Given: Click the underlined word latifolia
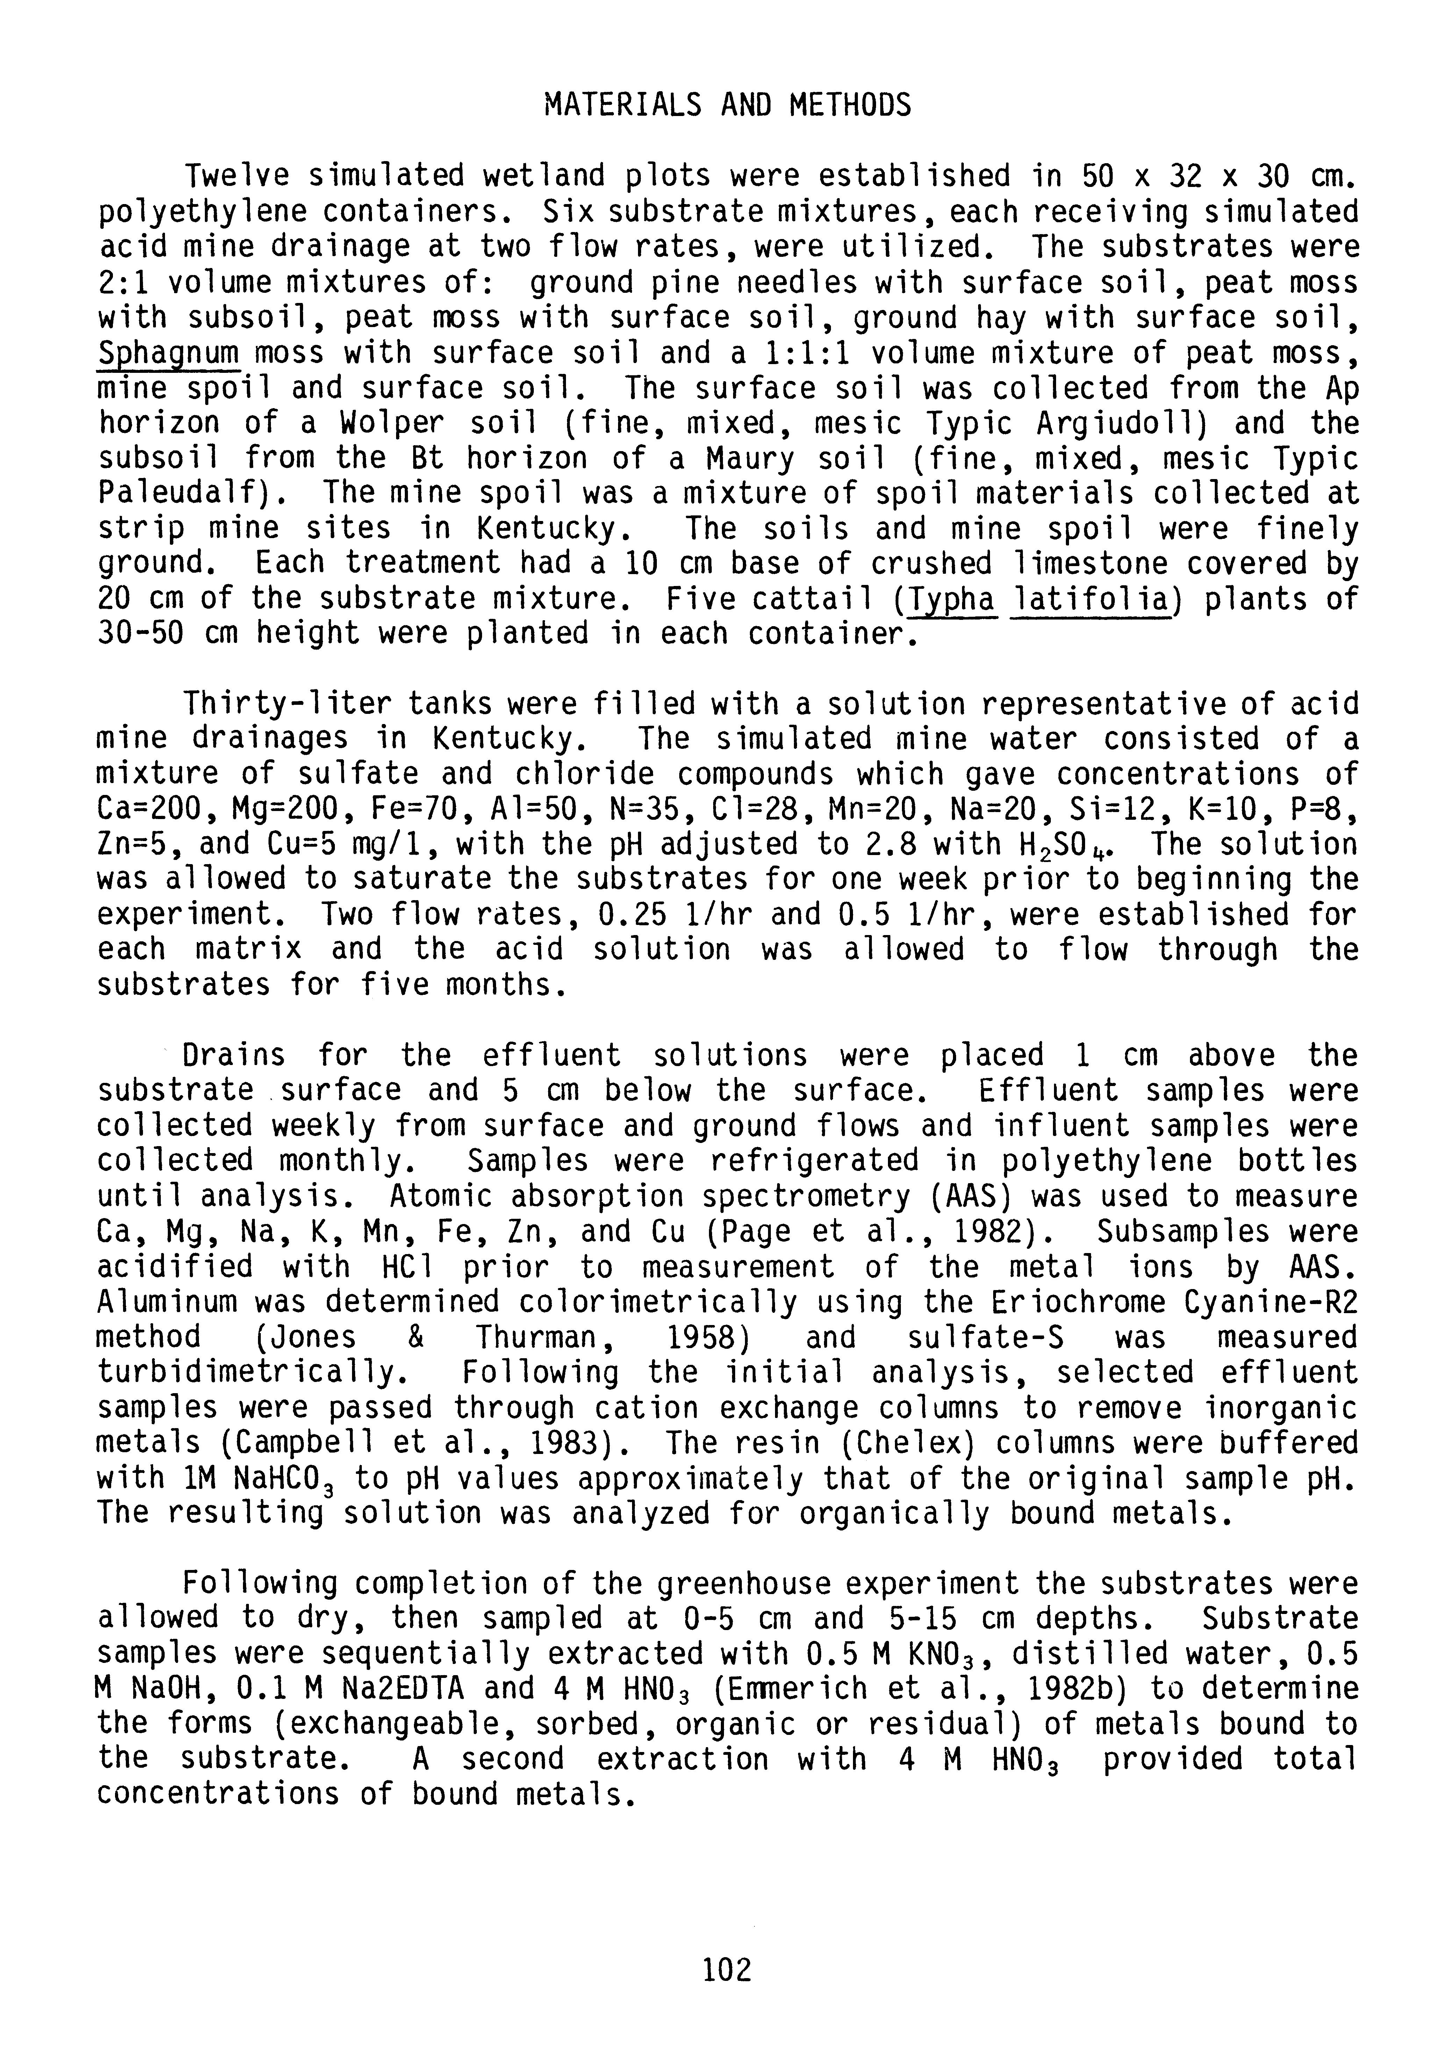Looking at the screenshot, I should [x=1092, y=599].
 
